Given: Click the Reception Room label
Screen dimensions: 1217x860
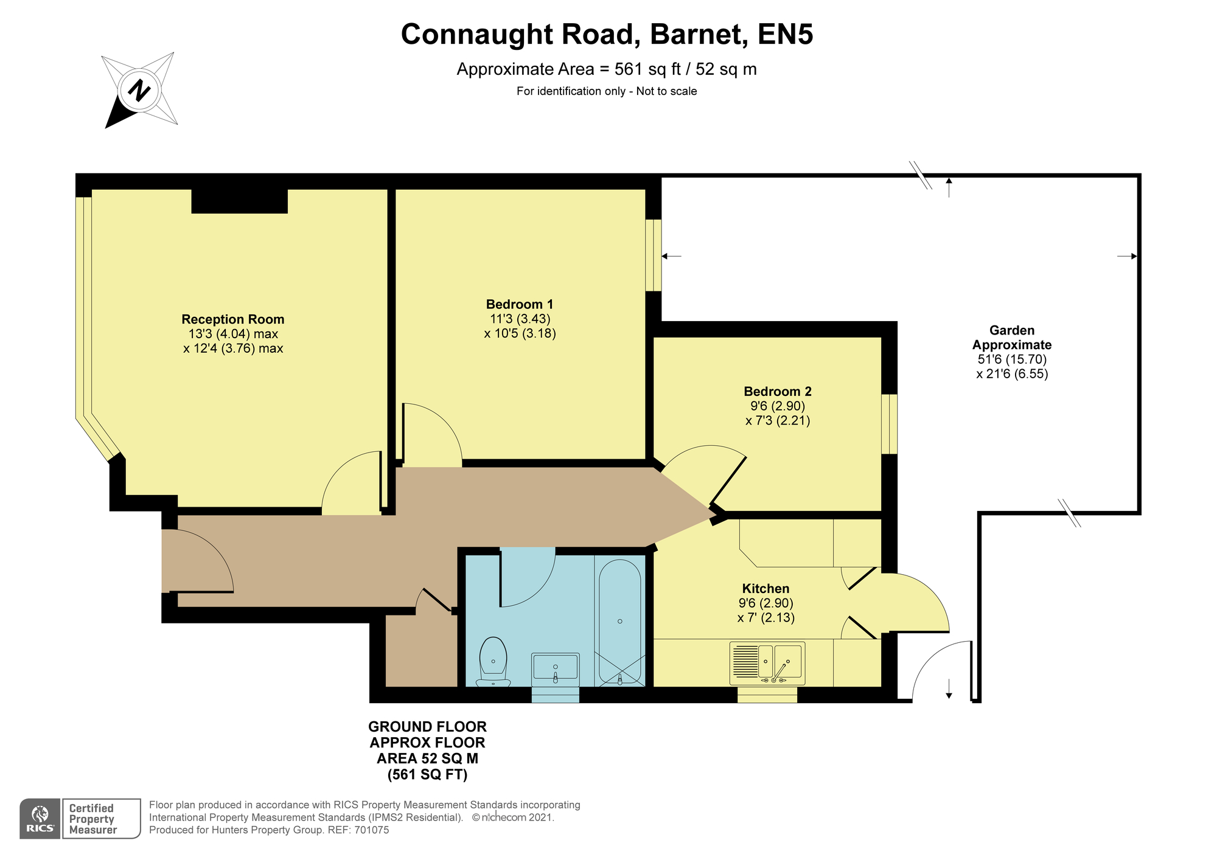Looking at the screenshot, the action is click(x=233, y=319).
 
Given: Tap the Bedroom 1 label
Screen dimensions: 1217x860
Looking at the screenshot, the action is click(x=520, y=305).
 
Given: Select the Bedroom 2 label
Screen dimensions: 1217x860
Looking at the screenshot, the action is click(x=778, y=392).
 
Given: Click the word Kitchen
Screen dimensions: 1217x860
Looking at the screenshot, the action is click(x=765, y=589).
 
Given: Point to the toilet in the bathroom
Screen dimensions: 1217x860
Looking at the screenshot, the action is click(x=493, y=661).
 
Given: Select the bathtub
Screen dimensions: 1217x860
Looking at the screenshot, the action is click(x=619, y=622).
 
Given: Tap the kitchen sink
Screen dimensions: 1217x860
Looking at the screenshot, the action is click(x=767, y=663).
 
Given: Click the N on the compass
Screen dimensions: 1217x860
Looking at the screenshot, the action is click(x=140, y=91).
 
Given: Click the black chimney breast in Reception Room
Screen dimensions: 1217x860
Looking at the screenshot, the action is click(x=239, y=201).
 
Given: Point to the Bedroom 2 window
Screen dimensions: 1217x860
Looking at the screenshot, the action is click(x=890, y=424).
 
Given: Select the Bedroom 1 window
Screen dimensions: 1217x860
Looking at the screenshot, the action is click(x=654, y=255).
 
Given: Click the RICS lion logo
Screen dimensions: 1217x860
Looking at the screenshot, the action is click(x=40, y=819).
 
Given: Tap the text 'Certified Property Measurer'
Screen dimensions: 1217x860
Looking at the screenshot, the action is click(x=92, y=819).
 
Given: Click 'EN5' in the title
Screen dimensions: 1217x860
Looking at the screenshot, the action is click(x=785, y=34).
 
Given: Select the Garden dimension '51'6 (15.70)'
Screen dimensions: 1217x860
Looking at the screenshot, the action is click(x=1012, y=359).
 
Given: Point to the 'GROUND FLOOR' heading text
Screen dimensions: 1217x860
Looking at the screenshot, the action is click(x=427, y=727).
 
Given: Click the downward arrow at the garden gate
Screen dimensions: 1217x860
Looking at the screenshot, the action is click(x=949, y=687).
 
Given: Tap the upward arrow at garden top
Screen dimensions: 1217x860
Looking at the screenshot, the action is click(x=949, y=187).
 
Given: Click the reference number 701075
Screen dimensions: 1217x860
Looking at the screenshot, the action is click(x=371, y=830).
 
